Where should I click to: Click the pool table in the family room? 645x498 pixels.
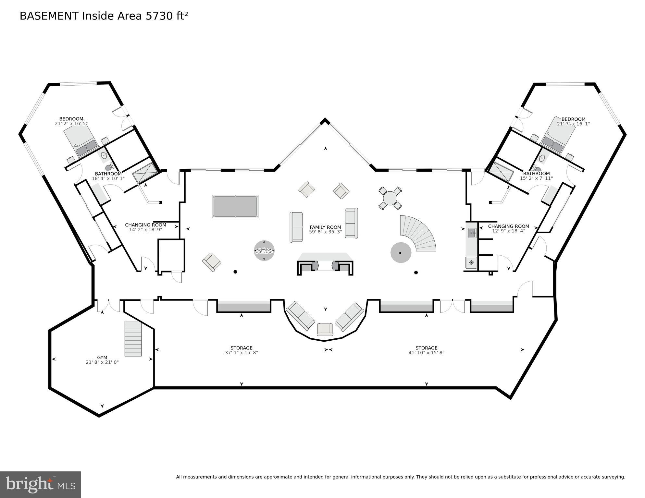tap(235, 206)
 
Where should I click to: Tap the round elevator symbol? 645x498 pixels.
tap(264, 250)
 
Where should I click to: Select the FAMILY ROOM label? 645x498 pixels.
tap(325, 227)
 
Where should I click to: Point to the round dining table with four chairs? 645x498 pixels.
tap(390, 198)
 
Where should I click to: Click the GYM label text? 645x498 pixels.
tap(102, 358)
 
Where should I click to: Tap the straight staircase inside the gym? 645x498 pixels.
tap(133, 338)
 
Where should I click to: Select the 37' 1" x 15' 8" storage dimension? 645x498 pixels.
tap(241, 353)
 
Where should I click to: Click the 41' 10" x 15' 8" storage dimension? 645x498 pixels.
tap(426, 353)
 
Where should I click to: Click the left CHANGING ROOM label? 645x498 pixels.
tap(145, 225)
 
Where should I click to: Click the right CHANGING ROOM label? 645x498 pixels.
tap(508, 226)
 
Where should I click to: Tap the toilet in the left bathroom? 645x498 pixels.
tap(109, 167)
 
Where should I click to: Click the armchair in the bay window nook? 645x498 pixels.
tap(325, 329)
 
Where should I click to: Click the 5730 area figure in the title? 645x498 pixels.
tap(159, 16)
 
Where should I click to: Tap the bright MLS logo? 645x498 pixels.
tap(40, 485)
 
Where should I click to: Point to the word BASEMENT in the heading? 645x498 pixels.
tap(49, 16)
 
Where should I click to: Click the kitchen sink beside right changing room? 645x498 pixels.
tap(472, 233)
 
